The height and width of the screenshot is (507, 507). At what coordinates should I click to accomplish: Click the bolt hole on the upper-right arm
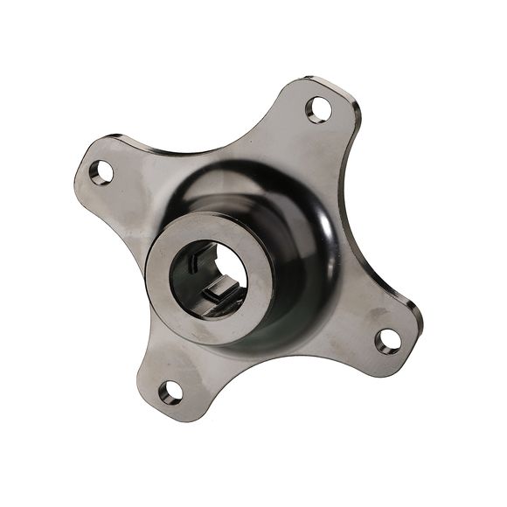coord(319,109)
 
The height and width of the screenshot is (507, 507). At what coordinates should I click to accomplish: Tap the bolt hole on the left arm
coord(101,172)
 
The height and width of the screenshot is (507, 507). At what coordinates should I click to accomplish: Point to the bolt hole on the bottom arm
coord(170,392)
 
